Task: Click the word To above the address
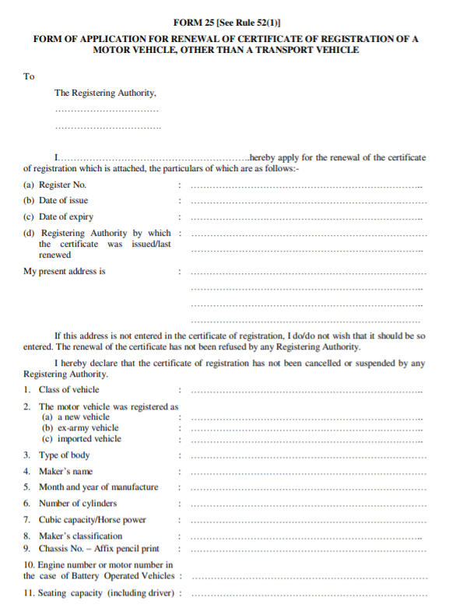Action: click(x=29, y=76)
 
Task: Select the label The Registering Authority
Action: click(x=105, y=93)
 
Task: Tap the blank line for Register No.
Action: click(x=307, y=187)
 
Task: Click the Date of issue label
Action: click(x=64, y=200)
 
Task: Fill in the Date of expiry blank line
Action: click(x=307, y=219)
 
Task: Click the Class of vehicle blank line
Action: click(x=307, y=392)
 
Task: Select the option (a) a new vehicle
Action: click(x=76, y=416)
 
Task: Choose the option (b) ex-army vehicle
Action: click(x=80, y=427)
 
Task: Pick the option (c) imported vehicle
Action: click(x=82, y=438)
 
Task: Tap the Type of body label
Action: click(x=64, y=455)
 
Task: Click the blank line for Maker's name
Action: click(x=307, y=473)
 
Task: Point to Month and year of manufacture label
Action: click(x=98, y=487)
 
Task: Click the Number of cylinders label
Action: click(x=78, y=503)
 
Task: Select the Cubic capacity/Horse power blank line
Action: click(x=307, y=522)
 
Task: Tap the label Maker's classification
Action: click(x=80, y=536)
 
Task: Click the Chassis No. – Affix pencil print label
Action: click(x=99, y=549)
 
